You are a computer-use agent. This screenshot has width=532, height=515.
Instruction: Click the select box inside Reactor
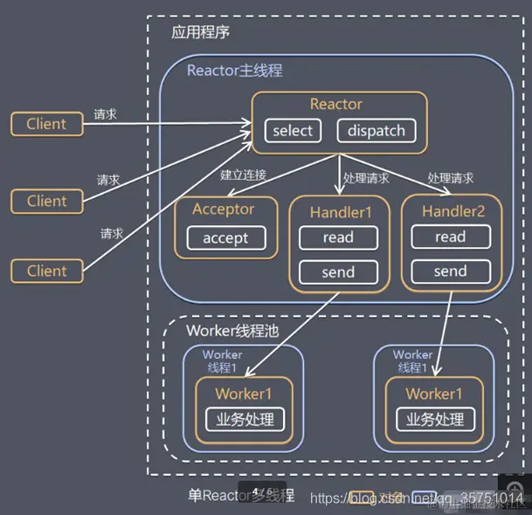pyautogui.click(x=293, y=131)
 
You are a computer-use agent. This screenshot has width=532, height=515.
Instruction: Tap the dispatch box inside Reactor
pyautogui.click(x=377, y=131)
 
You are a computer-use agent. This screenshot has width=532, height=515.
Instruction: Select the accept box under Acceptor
pyautogui.click(x=225, y=237)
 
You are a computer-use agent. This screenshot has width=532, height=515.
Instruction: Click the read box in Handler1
pyautogui.click(x=338, y=237)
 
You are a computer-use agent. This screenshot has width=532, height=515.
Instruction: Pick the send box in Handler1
pyautogui.click(x=338, y=271)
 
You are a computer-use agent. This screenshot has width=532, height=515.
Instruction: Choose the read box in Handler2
pyautogui.click(x=450, y=237)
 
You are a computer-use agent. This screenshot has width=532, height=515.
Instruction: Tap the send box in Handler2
pyautogui.click(x=450, y=271)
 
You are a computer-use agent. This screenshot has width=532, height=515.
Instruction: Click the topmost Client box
pyautogui.click(x=46, y=124)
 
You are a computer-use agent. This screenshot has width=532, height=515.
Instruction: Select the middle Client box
pyautogui.click(x=46, y=201)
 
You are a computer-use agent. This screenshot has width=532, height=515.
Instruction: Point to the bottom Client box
pyautogui.click(x=46, y=271)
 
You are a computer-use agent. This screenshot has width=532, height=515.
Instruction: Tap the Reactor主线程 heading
pyautogui.click(x=235, y=70)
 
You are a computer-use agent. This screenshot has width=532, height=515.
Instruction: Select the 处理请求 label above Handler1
pyautogui.click(x=366, y=177)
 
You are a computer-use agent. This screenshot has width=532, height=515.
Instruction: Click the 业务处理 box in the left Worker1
pyautogui.click(x=245, y=419)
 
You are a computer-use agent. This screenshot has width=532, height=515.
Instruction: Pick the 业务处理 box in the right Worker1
pyautogui.click(x=435, y=419)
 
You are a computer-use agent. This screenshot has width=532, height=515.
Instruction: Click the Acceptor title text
pyautogui.click(x=224, y=209)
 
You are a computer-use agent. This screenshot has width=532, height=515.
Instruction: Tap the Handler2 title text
pyautogui.click(x=453, y=211)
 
